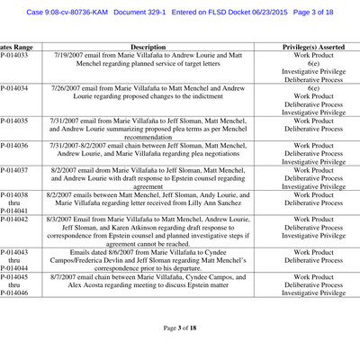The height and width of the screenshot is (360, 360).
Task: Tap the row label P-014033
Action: [x=13, y=56]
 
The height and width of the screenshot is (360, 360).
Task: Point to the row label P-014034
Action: [x=13, y=89]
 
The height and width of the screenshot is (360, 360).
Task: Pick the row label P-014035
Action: [x=13, y=120]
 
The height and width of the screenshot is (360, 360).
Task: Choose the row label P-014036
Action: [x=13, y=145]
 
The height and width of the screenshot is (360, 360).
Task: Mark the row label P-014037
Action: [x=13, y=170]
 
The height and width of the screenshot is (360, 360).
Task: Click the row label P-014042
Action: [x=13, y=219]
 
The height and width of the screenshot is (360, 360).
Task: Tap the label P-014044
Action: [x=13, y=268]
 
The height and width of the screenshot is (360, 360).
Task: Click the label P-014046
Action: [x=13, y=292]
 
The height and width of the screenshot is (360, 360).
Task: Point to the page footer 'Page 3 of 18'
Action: [x=180, y=328]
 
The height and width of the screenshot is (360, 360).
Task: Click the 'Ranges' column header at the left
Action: [x=13, y=45]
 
